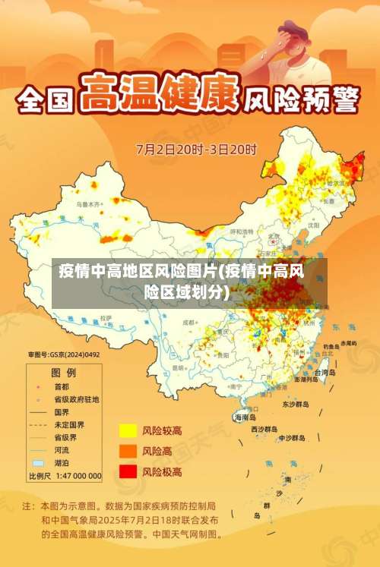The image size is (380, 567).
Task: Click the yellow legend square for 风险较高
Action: click(x=128, y=431)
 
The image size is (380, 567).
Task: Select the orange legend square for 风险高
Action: click(x=128, y=451)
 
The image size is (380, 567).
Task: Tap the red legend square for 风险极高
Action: click(x=128, y=471)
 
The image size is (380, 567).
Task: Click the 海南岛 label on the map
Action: click(x=245, y=417)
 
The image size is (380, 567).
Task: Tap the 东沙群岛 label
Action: click(x=296, y=405)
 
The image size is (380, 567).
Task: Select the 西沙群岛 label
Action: click(x=265, y=429)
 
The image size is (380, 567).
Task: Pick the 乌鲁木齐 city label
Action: click(x=87, y=205)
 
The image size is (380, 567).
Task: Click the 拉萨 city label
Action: click(x=105, y=318)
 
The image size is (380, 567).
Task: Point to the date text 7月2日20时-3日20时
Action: click(x=196, y=149)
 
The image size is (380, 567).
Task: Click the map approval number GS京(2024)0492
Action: click(x=65, y=354)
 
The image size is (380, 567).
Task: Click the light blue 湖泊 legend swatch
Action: click(x=37, y=462)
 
